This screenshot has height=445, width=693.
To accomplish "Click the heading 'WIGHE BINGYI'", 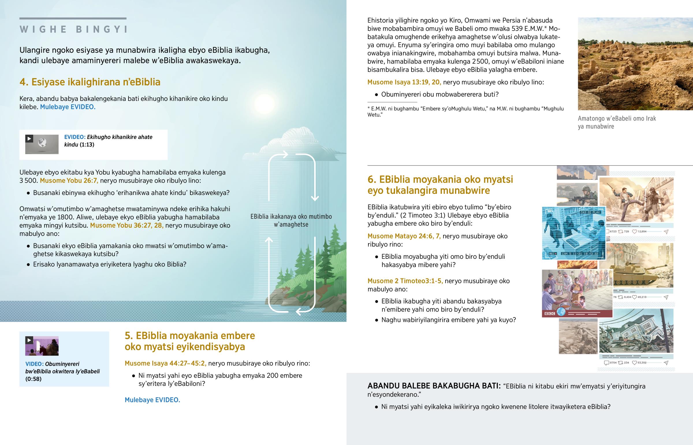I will point(73,29).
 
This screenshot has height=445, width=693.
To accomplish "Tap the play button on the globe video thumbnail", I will point(29,139).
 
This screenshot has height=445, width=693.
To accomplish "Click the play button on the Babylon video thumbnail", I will point(29,340).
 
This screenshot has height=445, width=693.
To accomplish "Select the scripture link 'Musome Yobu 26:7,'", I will point(69,181).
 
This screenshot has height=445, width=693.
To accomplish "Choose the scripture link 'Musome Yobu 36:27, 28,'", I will point(127,226).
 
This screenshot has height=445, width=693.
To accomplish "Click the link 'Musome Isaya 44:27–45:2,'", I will point(165,363).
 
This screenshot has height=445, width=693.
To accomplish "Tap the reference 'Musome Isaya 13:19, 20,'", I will point(404,82).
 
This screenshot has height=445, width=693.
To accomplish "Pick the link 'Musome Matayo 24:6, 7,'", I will point(404,236).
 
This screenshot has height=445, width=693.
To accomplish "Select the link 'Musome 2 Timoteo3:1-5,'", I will point(405,281).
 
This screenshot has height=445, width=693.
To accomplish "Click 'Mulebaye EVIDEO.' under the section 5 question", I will point(152,400).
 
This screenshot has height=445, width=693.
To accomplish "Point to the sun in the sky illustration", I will point(264,103).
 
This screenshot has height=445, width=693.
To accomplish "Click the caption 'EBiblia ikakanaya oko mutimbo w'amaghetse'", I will point(291,220).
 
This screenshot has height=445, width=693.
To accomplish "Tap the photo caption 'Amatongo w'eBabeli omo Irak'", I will point(617,119).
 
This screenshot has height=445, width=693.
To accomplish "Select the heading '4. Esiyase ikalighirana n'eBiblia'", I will point(90,82).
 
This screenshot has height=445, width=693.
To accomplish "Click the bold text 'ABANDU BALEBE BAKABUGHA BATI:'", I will point(434,386).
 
